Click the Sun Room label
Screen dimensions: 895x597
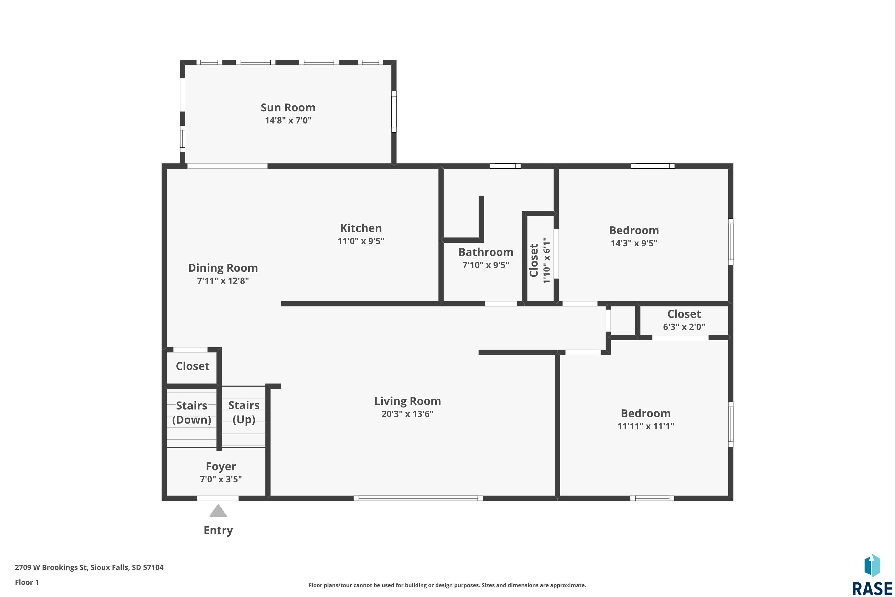click(288, 108)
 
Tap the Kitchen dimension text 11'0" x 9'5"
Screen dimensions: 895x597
click(361, 241)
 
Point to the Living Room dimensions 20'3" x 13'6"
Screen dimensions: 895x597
click(408, 414)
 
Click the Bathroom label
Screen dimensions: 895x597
click(486, 252)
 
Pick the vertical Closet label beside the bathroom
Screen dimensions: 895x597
click(534, 260)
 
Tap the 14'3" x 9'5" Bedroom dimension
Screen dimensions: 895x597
click(634, 243)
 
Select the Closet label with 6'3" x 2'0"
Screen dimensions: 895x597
click(684, 314)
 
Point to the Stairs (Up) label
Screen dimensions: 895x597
click(244, 412)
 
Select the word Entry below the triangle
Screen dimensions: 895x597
click(218, 530)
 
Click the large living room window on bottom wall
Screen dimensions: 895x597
click(418, 498)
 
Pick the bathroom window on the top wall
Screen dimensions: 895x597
click(505, 166)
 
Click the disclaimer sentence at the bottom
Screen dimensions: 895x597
click(447, 585)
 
